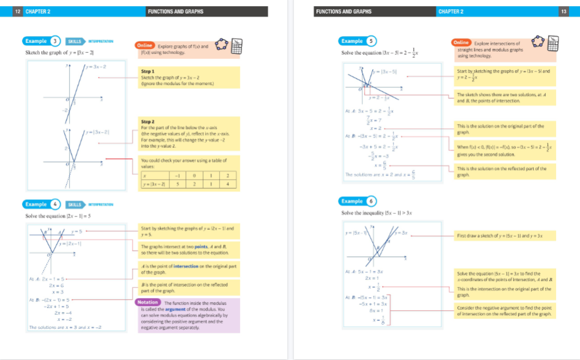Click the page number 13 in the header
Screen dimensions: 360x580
563,12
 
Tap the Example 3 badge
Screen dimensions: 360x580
42,41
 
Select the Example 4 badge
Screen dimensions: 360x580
42,204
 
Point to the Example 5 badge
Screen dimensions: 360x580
358,41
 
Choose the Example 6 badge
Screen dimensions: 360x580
358,201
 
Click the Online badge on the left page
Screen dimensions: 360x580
145,45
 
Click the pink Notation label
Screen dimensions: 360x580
147,303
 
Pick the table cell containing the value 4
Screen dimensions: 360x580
227,184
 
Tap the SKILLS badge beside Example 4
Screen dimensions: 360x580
75,204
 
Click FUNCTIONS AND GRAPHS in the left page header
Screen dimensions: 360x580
175,12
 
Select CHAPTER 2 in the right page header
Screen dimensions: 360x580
450,12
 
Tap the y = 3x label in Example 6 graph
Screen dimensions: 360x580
405,233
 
